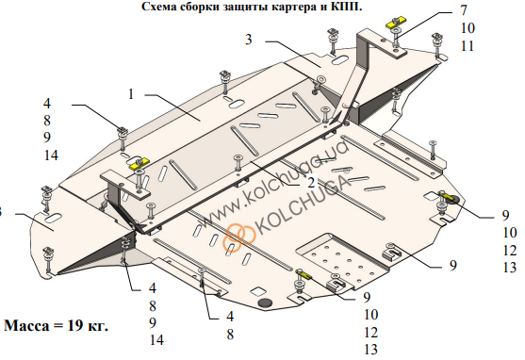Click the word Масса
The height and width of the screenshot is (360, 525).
tap(26, 325)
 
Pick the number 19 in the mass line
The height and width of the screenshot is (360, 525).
tap(75, 325)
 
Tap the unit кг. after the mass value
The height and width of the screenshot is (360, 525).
tap(98, 326)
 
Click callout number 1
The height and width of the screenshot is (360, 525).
tap(131, 94)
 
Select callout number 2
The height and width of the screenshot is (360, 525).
tap(311, 183)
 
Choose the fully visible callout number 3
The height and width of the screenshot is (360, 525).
tap(248, 40)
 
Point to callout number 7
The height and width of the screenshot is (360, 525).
tap(464, 10)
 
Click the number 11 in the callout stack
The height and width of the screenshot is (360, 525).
tap(468, 46)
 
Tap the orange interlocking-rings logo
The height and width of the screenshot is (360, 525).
tap(239, 237)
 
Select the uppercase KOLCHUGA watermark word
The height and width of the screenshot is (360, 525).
tap(303, 205)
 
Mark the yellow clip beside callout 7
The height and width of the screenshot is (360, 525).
tap(396, 24)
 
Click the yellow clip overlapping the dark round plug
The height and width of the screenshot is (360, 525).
tap(448, 196)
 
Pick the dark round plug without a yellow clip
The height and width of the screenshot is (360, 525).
tap(266, 303)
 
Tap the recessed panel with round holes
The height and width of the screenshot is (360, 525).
tap(342, 259)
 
